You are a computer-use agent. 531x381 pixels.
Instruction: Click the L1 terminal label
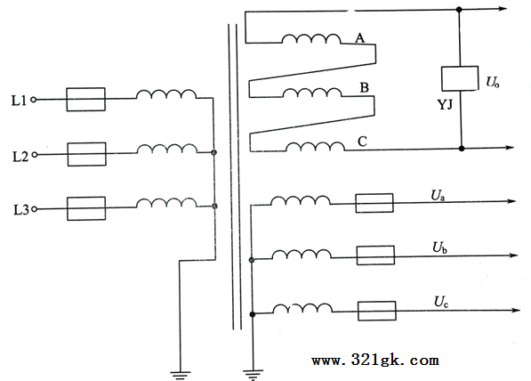[19, 101]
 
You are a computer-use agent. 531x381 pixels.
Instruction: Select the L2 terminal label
[20, 157]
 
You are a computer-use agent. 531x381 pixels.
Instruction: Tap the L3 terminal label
[21, 210]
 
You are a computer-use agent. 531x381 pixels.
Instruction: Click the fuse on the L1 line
[85, 100]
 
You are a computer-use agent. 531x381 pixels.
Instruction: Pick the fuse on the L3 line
[86, 208]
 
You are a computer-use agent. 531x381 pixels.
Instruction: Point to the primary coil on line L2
[167, 150]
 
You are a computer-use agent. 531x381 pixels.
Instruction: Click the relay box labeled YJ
[460, 78]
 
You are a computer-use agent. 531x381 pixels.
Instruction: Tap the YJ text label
[445, 105]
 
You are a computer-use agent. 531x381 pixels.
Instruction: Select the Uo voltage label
[493, 83]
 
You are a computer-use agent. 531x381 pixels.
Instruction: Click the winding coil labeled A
[311, 39]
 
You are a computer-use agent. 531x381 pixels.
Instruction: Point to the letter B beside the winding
[364, 88]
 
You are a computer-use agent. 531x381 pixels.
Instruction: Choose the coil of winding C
[315, 146]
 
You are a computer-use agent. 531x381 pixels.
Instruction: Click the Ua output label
[438, 196]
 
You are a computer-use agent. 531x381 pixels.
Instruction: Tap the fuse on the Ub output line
[375, 255]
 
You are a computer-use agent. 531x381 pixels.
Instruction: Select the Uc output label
[441, 302]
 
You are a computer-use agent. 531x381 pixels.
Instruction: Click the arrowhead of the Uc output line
[516, 310]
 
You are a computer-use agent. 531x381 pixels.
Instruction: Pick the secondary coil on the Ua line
[300, 200]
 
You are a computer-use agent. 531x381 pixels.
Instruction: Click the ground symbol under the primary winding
[181, 375]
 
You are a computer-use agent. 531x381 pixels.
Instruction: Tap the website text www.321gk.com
[375, 360]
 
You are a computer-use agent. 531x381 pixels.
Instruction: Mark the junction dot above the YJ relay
[459, 10]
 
